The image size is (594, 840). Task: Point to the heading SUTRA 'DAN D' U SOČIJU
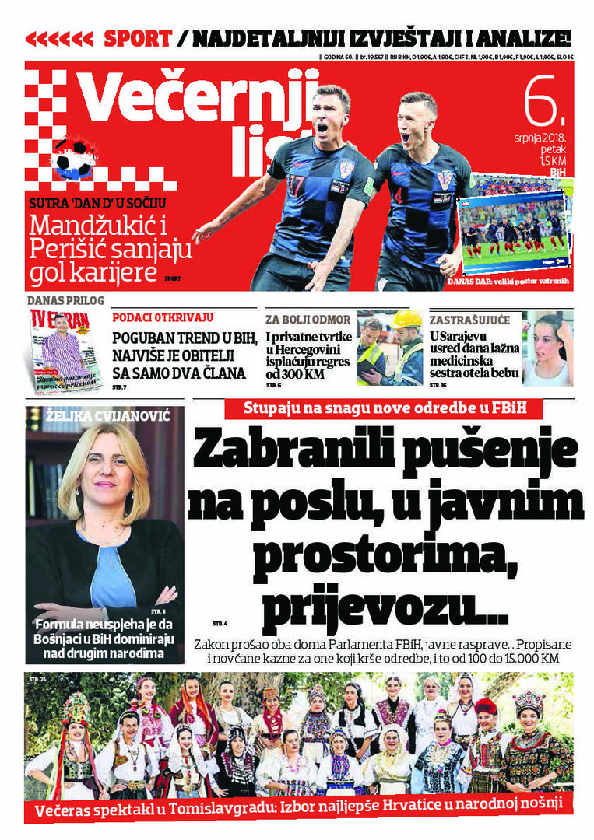pyautogui.click(x=97, y=205)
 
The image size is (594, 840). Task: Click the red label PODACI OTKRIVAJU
pyautogui.click(x=163, y=317)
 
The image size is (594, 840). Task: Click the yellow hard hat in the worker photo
pyautogui.click(x=406, y=320)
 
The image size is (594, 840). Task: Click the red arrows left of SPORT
pyautogui.click(x=59, y=38)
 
